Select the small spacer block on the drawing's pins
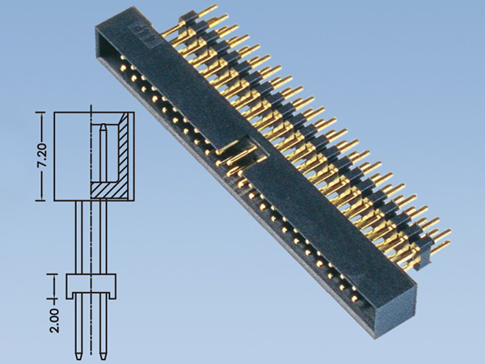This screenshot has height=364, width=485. point(91,286)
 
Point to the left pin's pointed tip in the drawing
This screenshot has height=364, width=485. point(78,354)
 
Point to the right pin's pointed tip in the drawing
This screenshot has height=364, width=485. point(103,354)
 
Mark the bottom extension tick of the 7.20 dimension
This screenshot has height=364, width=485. point(40,201)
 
